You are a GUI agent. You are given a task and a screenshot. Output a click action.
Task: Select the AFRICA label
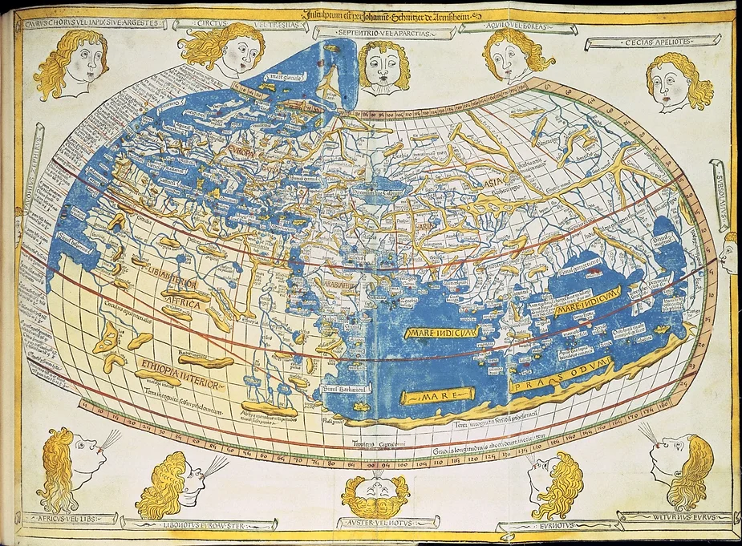pyautogui.click(x=180, y=295)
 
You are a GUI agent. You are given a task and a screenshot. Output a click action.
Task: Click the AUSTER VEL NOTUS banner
pyautogui.click(x=375, y=523)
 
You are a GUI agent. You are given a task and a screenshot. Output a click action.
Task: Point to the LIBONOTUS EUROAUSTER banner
pyautogui.click(x=198, y=524)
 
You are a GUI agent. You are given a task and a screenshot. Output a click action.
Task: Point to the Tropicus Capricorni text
pyautogui.click(x=375, y=443)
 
